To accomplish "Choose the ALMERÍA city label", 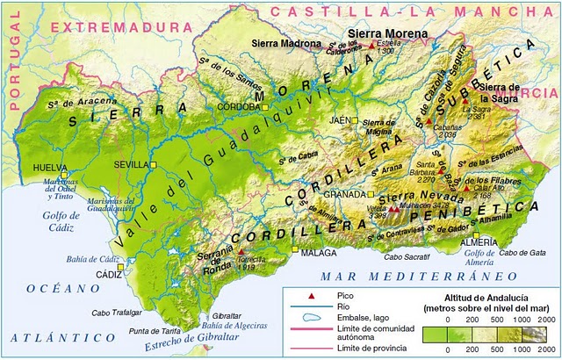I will point(481,241).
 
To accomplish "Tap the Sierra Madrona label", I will point(282,42).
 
